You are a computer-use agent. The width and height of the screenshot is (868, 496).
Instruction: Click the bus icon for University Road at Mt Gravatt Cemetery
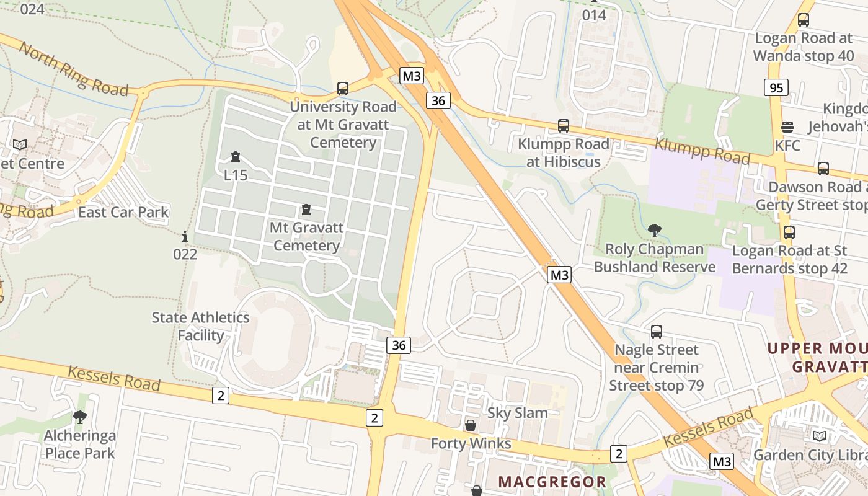click(343, 89)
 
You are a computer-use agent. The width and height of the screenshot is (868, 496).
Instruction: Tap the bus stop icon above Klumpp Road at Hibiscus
click(564, 126)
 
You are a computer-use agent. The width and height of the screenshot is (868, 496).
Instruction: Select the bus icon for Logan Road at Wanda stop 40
click(804, 20)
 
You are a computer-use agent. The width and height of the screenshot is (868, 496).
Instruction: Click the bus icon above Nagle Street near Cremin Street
click(657, 332)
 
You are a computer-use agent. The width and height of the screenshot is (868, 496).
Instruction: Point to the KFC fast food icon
click(787, 127)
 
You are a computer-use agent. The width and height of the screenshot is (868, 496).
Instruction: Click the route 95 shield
click(776, 87)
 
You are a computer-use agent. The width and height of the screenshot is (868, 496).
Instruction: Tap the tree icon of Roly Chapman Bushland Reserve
click(654, 231)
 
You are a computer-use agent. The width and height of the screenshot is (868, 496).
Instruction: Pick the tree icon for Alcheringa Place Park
click(79, 417)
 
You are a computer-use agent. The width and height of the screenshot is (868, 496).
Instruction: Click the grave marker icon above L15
click(236, 157)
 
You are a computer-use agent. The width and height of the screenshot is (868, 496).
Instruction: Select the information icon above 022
click(185, 236)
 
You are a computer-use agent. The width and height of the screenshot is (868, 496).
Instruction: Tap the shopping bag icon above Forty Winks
click(471, 425)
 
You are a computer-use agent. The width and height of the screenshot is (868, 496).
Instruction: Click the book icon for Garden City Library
click(820, 436)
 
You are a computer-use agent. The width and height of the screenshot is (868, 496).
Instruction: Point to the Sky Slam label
click(518, 413)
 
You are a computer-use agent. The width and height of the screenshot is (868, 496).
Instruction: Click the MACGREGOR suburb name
click(552, 482)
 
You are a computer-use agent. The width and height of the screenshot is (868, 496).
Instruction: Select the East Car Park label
click(123, 212)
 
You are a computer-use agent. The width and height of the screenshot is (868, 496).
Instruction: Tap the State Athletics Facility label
click(201, 327)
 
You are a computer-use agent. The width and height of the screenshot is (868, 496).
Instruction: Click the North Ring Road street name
click(73, 68)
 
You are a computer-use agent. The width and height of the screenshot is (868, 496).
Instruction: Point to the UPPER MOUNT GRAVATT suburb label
click(817, 357)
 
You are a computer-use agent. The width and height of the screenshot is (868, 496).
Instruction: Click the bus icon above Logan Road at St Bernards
click(789, 232)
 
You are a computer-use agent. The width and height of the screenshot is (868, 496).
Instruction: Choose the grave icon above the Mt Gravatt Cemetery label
click(306, 210)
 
